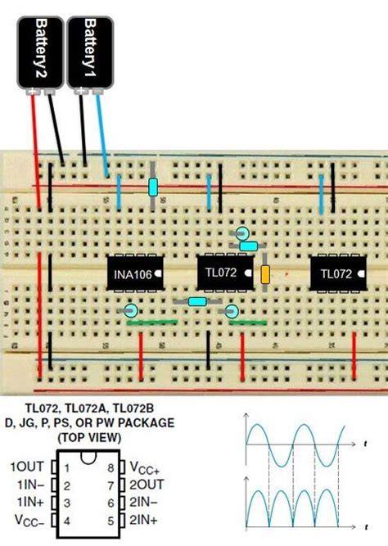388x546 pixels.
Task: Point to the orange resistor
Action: [265, 274]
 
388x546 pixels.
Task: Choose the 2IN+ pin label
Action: [143, 520]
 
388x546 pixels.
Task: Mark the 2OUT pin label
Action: [145, 485]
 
